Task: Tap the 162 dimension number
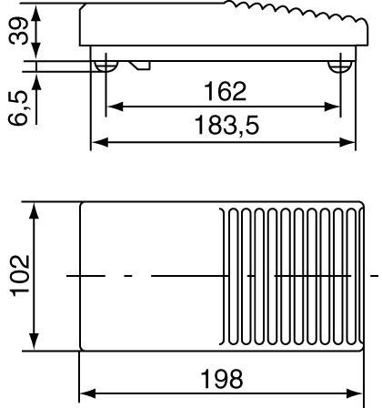[x=224, y=91]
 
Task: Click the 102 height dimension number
[x=16, y=274]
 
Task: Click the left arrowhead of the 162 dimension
[x=112, y=107]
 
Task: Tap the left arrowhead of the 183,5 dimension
[x=96, y=142]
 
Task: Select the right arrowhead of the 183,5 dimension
[x=349, y=142]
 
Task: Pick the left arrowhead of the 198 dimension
[x=86, y=394]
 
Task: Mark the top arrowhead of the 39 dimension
[x=35, y=11]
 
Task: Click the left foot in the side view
[x=106, y=66]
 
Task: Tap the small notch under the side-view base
[x=141, y=65]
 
